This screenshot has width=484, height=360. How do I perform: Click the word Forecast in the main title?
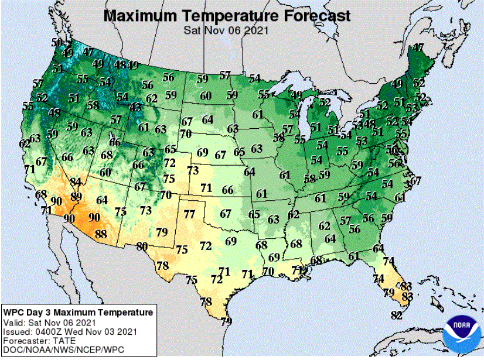tap(313, 15)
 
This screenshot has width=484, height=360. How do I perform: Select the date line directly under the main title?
tap(226, 29)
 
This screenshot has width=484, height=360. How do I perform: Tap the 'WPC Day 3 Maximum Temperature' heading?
tap(78, 313)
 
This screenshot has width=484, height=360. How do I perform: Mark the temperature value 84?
tap(76, 181)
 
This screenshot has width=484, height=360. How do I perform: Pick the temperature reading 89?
tap(76, 196)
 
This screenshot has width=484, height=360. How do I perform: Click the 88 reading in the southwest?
tap(101, 234)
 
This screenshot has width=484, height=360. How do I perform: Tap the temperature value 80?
tap(142, 246)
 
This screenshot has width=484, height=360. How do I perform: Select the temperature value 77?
tap(189, 214)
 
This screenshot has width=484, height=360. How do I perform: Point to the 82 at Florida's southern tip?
tap(396, 316)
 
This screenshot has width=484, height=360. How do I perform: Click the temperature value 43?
tap(135, 107)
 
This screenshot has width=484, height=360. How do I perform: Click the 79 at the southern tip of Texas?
tap(226, 321)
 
